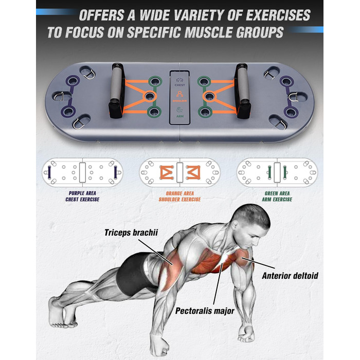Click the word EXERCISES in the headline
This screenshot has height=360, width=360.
point(278,15)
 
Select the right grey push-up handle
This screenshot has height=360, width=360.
point(242,91)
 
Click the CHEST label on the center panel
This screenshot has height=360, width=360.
point(180,85)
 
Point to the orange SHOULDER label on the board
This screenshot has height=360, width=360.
point(180,101)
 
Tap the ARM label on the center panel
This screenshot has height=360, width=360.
point(180,116)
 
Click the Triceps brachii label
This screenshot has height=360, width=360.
point(131,232)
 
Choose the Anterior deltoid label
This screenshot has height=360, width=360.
point(290,276)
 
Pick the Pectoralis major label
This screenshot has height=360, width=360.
point(205,311)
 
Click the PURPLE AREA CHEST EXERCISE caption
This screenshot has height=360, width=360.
point(82,196)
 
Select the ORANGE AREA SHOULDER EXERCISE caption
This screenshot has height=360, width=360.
point(180,196)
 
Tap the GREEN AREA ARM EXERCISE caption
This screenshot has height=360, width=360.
point(277,196)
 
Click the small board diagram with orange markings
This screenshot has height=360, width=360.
point(180,172)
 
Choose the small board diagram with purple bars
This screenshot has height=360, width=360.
point(82,172)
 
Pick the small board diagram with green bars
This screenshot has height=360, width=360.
point(277,172)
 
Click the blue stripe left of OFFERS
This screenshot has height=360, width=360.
point(56,12)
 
